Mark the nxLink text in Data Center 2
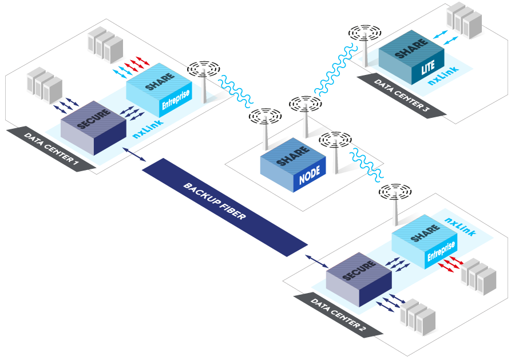460,219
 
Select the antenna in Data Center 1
204,77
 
